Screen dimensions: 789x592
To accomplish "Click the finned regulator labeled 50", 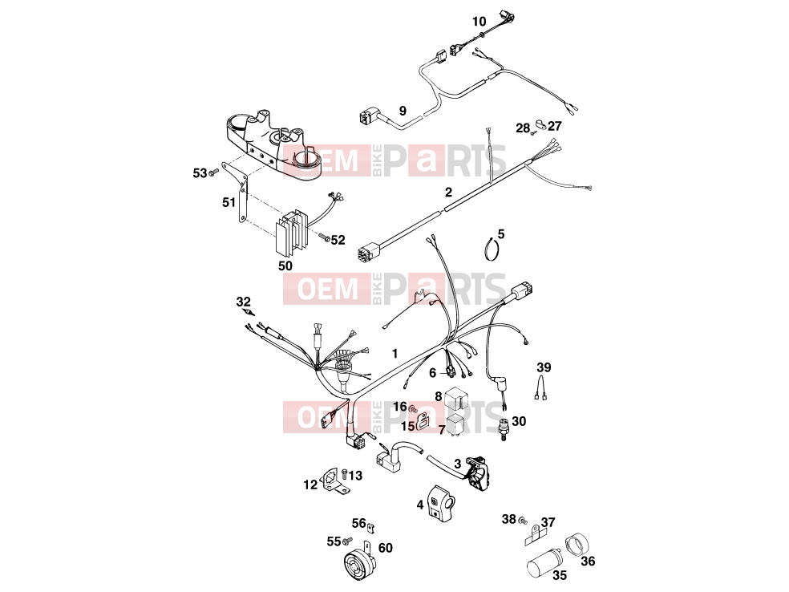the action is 291,234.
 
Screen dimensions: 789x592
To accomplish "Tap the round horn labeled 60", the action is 359,562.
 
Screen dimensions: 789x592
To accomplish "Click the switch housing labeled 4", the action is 441,501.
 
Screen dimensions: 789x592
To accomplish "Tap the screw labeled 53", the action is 213,173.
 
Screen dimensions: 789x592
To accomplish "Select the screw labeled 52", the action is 324,236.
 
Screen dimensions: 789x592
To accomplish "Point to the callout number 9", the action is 403,110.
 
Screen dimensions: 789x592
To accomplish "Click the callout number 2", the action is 448,192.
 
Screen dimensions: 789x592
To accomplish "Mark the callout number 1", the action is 395,354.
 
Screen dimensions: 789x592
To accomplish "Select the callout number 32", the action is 243,302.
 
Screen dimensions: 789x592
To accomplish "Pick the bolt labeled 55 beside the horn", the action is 346,541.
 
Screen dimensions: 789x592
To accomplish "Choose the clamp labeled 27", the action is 541,124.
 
